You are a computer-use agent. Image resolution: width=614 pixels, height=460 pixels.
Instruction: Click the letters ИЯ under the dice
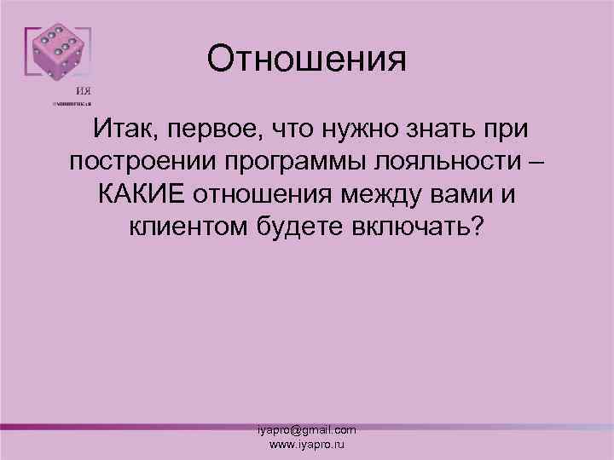[x=84, y=92]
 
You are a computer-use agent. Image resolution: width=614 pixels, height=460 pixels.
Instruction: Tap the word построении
[x=144, y=162]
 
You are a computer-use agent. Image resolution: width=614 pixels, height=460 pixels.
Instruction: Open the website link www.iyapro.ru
[x=307, y=445]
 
